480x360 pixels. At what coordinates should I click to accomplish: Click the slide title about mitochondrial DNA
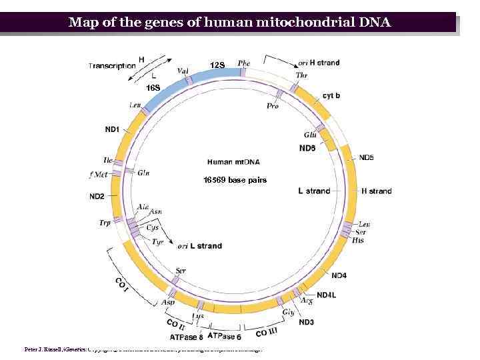[230, 23]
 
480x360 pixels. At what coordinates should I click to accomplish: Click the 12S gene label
[218, 65]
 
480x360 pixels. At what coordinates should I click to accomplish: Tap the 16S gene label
[153, 88]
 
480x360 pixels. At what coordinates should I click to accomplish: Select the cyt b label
[331, 95]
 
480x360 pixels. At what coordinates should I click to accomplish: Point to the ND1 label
[112, 129]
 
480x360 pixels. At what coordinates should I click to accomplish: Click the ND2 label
[97, 196]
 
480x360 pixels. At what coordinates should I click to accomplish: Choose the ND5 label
[367, 158]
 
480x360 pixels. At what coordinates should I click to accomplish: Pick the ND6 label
[307, 148]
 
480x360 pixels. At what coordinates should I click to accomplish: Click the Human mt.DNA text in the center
[233, 162]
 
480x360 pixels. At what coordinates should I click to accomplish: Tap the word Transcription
[111, 65]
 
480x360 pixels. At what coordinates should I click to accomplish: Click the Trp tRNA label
[105, 223]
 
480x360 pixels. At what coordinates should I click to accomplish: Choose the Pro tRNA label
[273, 106]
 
